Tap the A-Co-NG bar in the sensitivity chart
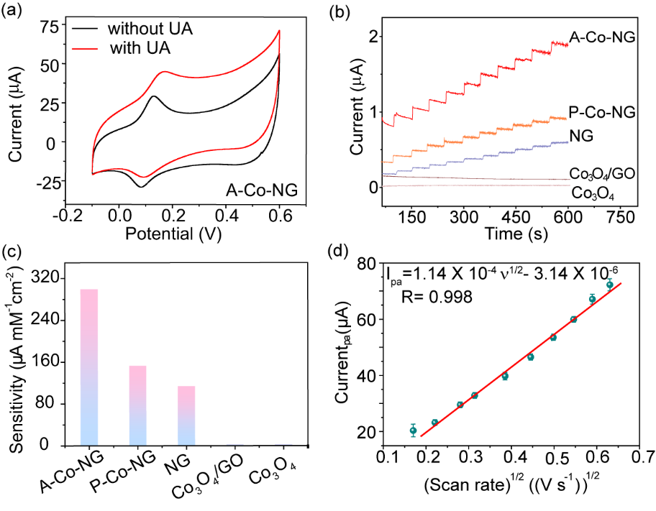click(x=88, y=367)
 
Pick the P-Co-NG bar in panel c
click(x=137, y=405)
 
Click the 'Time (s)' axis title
click(x=508, y=235)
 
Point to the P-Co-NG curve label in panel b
click(x=601, y=112)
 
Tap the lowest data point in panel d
click(x=413, y=431)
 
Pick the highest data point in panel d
click(x=609, y=285)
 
